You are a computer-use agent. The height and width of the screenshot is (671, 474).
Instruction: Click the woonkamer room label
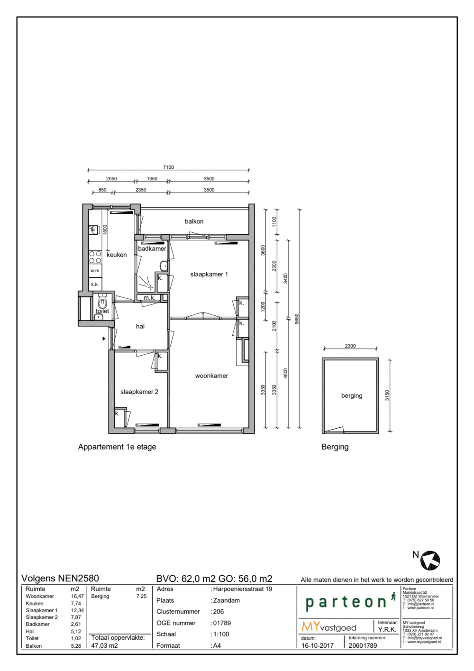point(211,376)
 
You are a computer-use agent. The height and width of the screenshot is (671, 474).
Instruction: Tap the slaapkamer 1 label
point(209,275)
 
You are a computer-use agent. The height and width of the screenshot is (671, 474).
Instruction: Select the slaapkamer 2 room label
point(139,392)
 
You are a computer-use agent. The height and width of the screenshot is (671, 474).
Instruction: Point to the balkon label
point(194,221)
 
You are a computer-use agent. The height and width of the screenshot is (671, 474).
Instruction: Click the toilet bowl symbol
point(102,303)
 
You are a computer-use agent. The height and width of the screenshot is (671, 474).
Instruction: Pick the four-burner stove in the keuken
point(95,257)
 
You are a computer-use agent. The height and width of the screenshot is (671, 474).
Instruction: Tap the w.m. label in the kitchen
point(95,271)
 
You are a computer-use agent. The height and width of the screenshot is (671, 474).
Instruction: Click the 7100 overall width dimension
point(168,167)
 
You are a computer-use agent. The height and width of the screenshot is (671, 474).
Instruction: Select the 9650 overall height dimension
point(297,319)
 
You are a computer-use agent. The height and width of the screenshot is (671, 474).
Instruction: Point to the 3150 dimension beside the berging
point(387,395)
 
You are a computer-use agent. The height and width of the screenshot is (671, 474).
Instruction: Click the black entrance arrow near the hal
point(104,339)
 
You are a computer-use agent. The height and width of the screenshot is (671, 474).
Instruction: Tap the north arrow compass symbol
point(430,560)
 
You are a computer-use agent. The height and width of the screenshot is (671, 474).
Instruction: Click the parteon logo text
point(346,602)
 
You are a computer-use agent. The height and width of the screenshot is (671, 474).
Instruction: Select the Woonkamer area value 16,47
point(77,597)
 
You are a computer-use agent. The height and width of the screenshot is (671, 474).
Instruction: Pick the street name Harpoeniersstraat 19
point(243,589)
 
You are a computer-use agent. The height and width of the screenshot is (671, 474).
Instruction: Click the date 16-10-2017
point(318,645)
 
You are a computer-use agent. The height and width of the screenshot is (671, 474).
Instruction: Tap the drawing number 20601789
point(363,645)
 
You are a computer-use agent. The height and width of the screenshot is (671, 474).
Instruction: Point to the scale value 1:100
point(221,634)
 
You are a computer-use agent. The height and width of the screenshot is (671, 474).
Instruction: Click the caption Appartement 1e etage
point(117,447)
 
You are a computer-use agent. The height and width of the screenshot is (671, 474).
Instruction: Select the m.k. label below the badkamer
point(149,298)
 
